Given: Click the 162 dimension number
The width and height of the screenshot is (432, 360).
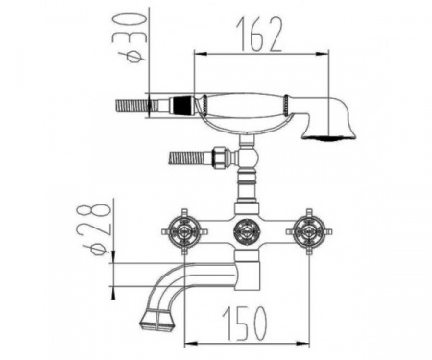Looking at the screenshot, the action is click(x=259, y=35).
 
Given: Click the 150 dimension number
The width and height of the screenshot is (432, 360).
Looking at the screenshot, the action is click(x=244, y=324).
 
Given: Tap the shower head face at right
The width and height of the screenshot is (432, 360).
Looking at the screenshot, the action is click(x=328, y=138).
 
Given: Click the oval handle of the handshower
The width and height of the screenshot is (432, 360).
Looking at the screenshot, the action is click(x=243, y=106).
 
